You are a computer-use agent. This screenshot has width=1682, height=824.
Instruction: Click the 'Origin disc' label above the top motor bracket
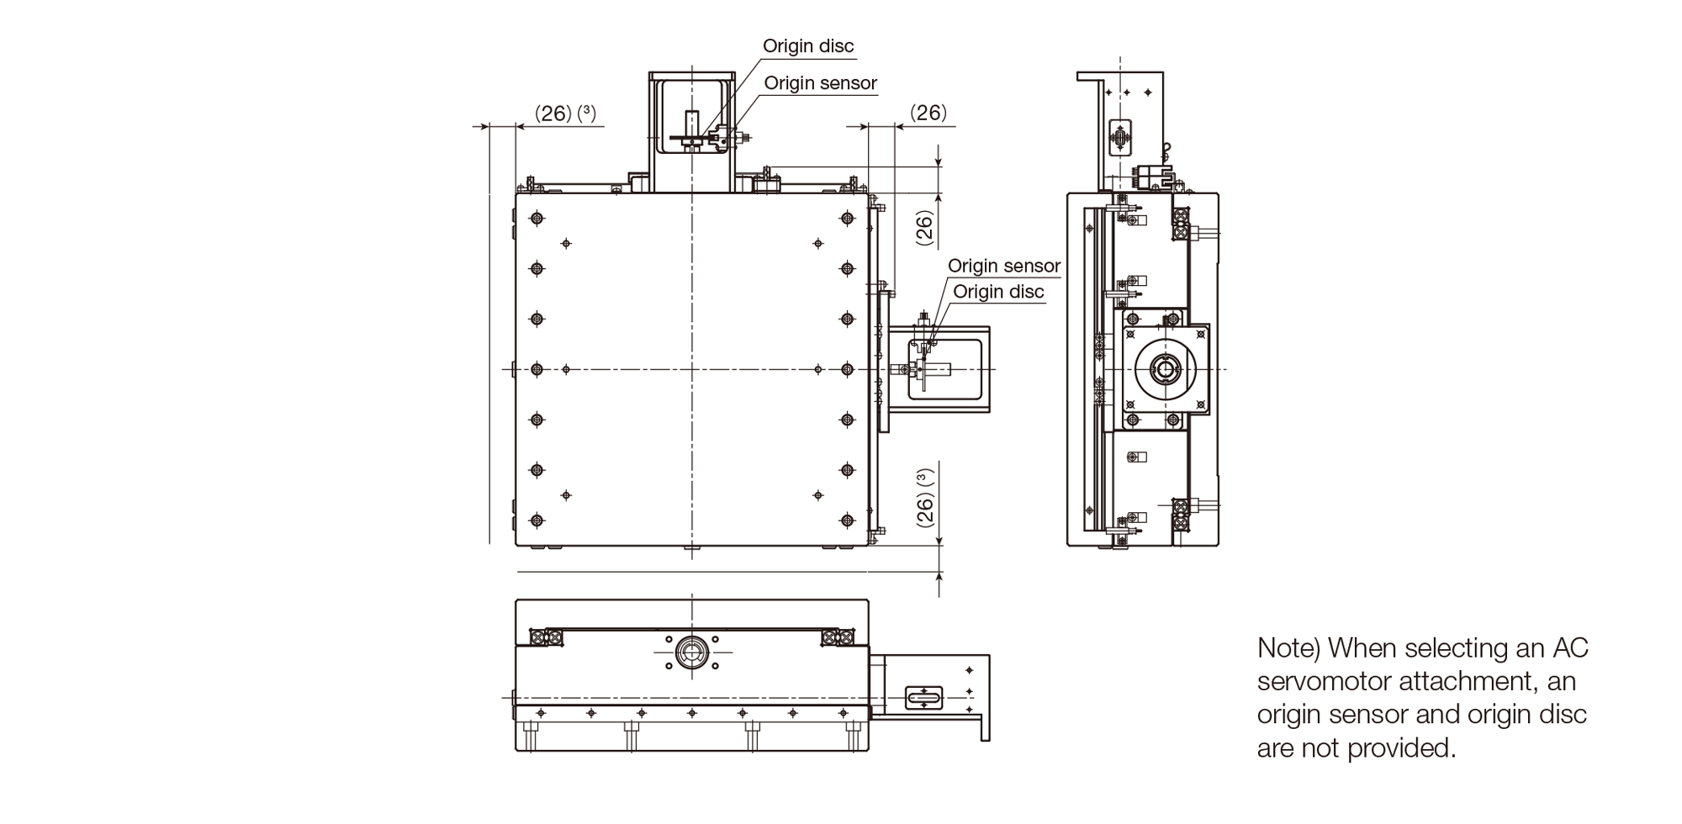(x=808, y=46)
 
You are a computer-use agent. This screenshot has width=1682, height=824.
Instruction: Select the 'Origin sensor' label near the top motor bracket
(x=820, y=83)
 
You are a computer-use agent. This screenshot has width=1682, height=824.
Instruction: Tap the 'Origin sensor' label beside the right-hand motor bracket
(x=1004, y=267)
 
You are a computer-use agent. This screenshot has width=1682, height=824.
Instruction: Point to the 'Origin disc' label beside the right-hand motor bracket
(x=998, y=292)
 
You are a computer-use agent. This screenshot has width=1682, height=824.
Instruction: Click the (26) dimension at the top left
(x=553, y=114)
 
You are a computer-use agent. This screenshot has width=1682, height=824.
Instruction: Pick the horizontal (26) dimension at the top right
(x=928, y=113)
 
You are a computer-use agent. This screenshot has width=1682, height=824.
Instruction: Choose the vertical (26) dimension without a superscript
(x=925, y=227)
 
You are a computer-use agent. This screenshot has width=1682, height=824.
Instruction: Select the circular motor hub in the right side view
(x=1164, y=369)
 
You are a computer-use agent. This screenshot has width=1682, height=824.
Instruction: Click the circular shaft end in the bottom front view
(x=691, y=651)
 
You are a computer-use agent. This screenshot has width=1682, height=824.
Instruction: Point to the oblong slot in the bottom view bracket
(x=924, y=697)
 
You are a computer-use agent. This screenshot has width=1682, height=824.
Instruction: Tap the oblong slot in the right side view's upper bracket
(x=1121, y=138)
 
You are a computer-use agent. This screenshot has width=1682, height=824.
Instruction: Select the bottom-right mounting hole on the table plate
(x=847, y=520)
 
